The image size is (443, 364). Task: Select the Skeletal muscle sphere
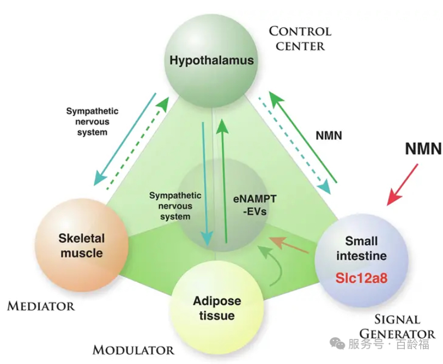coord(82,246)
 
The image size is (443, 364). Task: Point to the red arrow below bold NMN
coord(403,185)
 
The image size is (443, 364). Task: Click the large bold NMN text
coord(423,148)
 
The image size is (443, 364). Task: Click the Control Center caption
coord(300,38)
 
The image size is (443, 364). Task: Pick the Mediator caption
coord(41,306)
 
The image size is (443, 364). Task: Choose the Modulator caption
coord(133,350)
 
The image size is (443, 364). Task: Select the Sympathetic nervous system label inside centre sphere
coord(176,205)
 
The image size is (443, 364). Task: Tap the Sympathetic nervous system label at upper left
coord(92,121)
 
